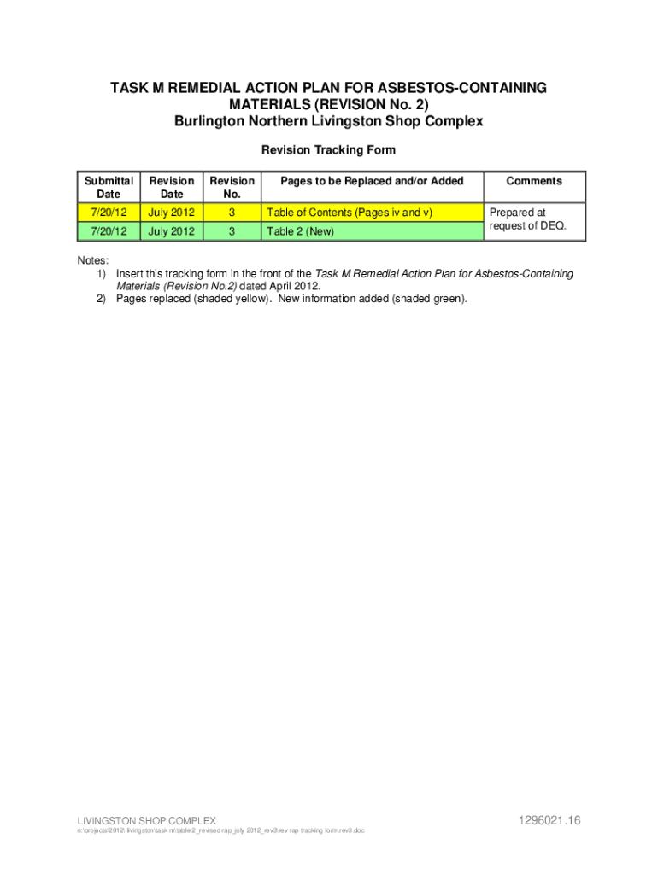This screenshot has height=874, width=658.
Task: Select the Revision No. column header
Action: (x=232, y=187)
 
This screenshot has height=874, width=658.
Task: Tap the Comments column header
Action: (x=534, y=181)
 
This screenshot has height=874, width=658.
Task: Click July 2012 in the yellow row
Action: (x=171, y=213)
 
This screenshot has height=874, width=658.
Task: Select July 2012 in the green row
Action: (x=171, y=231)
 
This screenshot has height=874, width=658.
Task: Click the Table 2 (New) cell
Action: (x=300, y=231)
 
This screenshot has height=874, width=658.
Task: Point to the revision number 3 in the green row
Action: (x=232, y=231)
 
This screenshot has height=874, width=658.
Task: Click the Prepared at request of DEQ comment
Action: (x=528, y=219)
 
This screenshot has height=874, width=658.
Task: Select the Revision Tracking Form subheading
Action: (x=328, y=150)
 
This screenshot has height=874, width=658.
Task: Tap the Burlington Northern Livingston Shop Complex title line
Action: (x=328, y=121)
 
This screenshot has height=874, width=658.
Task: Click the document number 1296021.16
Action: (x=549, y=820)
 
